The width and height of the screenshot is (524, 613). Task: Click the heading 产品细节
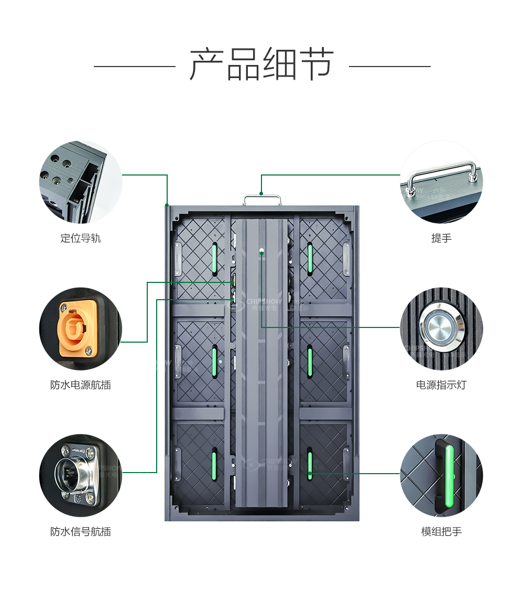tap(261, 64)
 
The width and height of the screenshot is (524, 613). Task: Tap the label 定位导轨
tap(80, 238)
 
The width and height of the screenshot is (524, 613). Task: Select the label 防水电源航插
tap(80, 385)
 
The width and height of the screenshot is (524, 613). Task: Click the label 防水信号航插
tap(80, 532)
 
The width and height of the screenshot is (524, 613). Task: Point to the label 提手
tap(441, 238)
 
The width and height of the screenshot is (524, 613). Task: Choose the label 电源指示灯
tap(441, 385)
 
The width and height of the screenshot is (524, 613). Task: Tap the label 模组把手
tap(441, 532)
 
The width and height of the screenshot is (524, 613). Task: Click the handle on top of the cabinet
tap(262, 199)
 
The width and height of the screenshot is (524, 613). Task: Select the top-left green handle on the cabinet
tap(214, 258)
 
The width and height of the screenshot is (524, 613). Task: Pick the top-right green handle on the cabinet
tap(310, 258)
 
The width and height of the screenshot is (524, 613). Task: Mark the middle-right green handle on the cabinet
tap(310, 362)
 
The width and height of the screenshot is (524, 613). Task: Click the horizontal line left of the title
tap(134, 67)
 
